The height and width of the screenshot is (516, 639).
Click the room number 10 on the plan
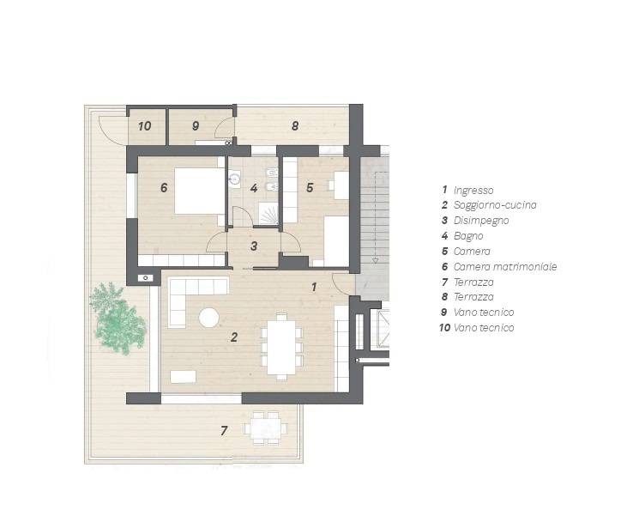tap(145, 126)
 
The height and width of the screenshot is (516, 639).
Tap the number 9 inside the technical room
tap(196, 126)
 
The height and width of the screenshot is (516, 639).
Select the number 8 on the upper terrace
tap(295, 126)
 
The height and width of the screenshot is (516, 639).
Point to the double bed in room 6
tap(199, 191)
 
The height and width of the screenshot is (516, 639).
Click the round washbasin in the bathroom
tap(234, 179)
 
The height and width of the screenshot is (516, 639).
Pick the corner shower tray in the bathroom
tap(268, 213)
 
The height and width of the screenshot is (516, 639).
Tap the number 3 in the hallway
tap(254, 246)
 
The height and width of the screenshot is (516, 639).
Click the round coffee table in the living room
tap(209, 318)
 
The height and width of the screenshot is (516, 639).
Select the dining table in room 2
tap(281, 348)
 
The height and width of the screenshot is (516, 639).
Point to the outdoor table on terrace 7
tap(266, 428)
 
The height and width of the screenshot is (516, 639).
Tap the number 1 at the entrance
tap(314, 287)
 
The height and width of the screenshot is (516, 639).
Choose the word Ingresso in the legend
tap(473, 190)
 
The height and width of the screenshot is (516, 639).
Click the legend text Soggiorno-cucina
tap(495, 204)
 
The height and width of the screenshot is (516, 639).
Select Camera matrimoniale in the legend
tap(505, 267)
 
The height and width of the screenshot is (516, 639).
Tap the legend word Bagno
tap(468, 236)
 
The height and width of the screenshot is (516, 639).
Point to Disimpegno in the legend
tap(481, 221)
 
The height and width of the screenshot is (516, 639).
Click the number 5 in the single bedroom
tap(310, 188)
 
